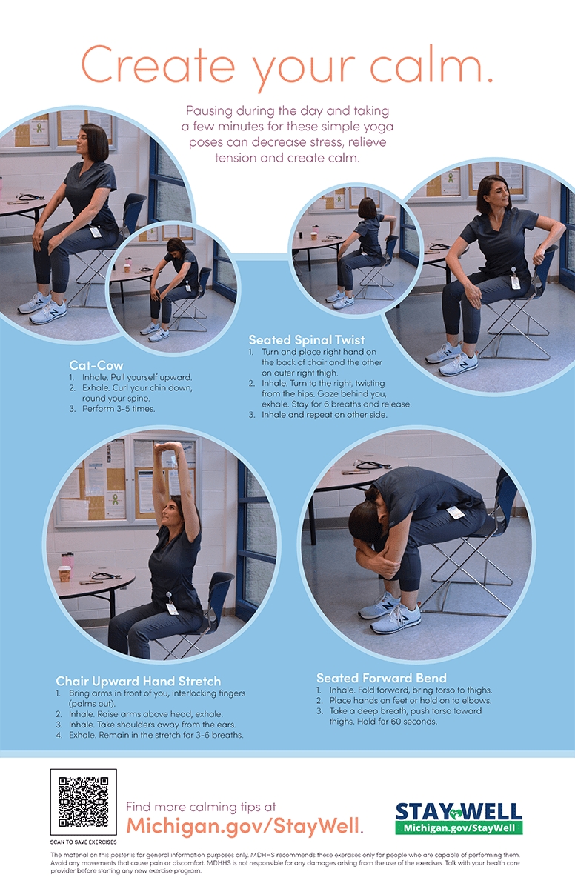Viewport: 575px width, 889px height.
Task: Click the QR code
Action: pos(83,802)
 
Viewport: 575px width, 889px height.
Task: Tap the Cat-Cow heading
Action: pos(96,365)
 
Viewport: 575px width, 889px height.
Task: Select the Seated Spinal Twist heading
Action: pos(306,340)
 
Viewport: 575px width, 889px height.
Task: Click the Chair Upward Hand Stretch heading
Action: pos(138,681)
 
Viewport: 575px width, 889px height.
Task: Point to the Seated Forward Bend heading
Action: pos(382,677)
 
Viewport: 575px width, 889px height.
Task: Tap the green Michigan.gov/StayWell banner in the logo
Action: pos(459,828)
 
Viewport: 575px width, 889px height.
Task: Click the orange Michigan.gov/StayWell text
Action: pos(245,825)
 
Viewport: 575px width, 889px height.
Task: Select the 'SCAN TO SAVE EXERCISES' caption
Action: pos(83,842)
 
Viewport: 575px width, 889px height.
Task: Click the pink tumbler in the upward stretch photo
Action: pos(67,559)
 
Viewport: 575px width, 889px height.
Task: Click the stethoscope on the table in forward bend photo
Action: pos(370,465)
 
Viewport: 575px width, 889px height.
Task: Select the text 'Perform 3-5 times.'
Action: pos(119,409)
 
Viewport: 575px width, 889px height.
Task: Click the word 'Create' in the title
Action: pos(158,64)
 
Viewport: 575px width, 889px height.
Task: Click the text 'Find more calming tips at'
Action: pos(201,807)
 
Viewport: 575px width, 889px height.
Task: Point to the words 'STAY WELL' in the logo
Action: pos(459,811)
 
